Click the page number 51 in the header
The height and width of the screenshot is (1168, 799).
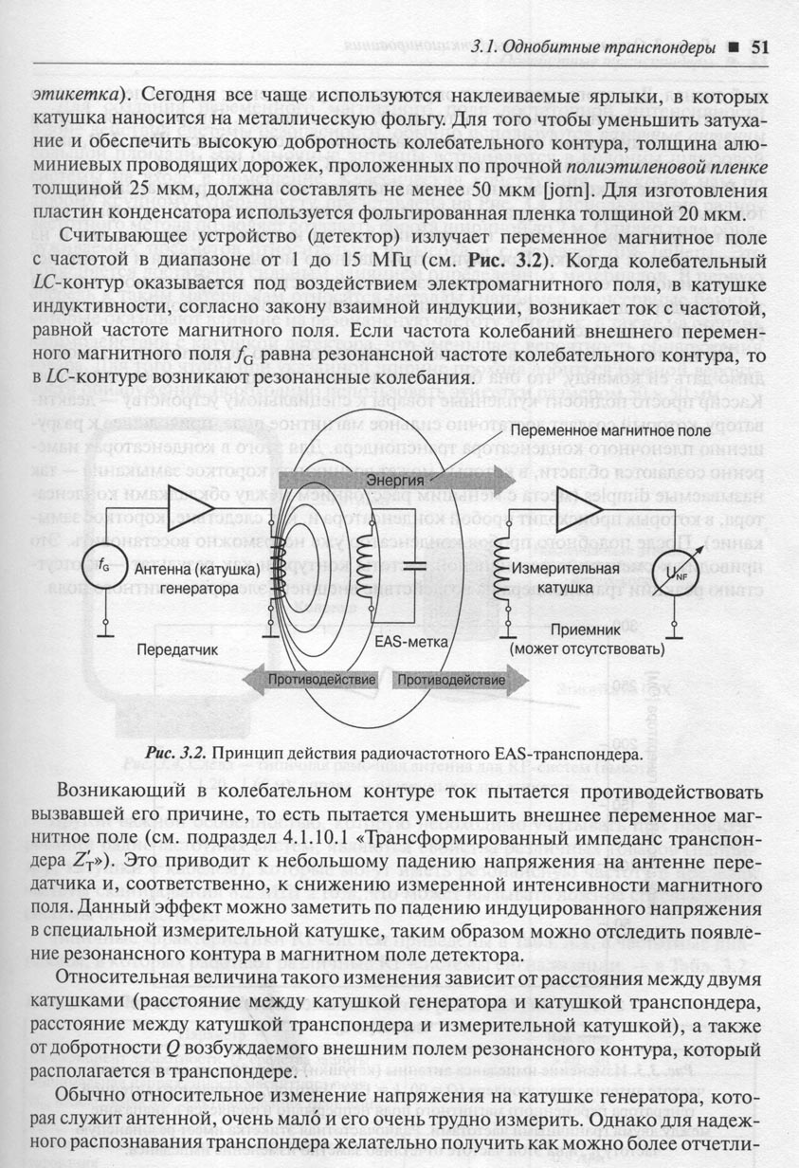tap(762, 46)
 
